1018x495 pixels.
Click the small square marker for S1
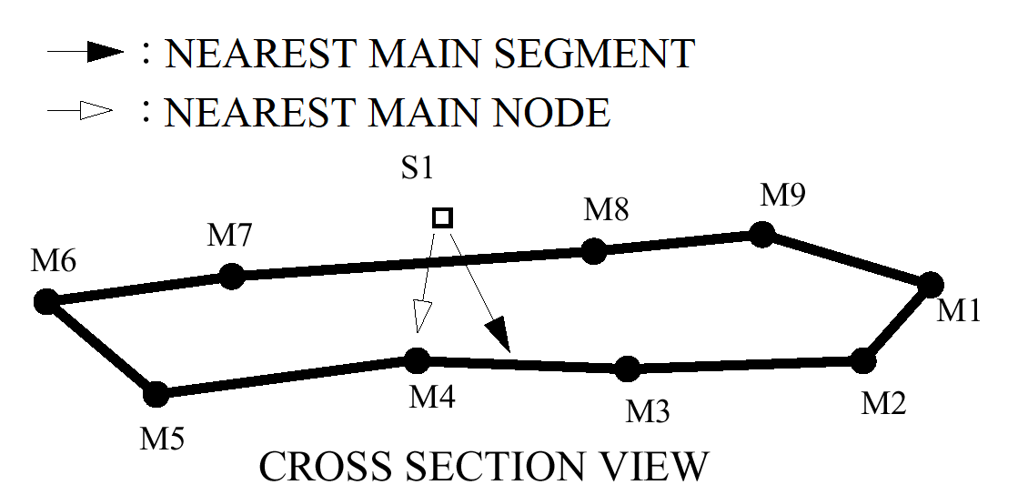tap(442, 217)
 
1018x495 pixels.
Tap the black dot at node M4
tap(417, 360)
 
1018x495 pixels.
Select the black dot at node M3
tap(627, 369)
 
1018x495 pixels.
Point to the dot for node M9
tap(761, 236)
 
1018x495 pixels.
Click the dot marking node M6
tap(45, 301)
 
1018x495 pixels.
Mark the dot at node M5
tap(156, 394)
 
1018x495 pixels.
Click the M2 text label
tap(884, 401)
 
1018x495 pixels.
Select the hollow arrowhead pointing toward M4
tap(420, 318)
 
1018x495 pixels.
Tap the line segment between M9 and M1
tap(846, 260)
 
